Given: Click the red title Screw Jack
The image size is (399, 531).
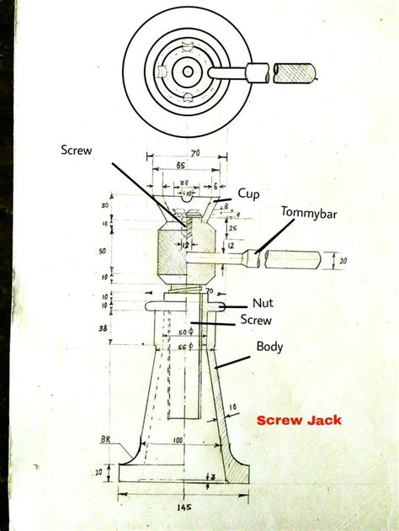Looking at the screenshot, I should pyautogui.click(x=299, y=420).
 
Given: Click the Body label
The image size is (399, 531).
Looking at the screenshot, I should pyautogui.click(x=269, y=345).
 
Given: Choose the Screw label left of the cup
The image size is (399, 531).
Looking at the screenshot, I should pyautogui.click(x=77, y=151).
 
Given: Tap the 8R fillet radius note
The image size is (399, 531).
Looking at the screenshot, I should pyautogui.click(x=105, y=438).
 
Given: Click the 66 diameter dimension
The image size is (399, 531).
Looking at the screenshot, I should pyautogui.click(x=183, y=346).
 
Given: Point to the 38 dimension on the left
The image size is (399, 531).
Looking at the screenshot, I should pyautogui.click(x=103, y=329).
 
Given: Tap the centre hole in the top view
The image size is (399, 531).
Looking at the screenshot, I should pyautogui.click(x=186, y=72).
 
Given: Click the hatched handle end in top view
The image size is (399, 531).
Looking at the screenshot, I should pyautogui.click(x=299, y=72).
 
